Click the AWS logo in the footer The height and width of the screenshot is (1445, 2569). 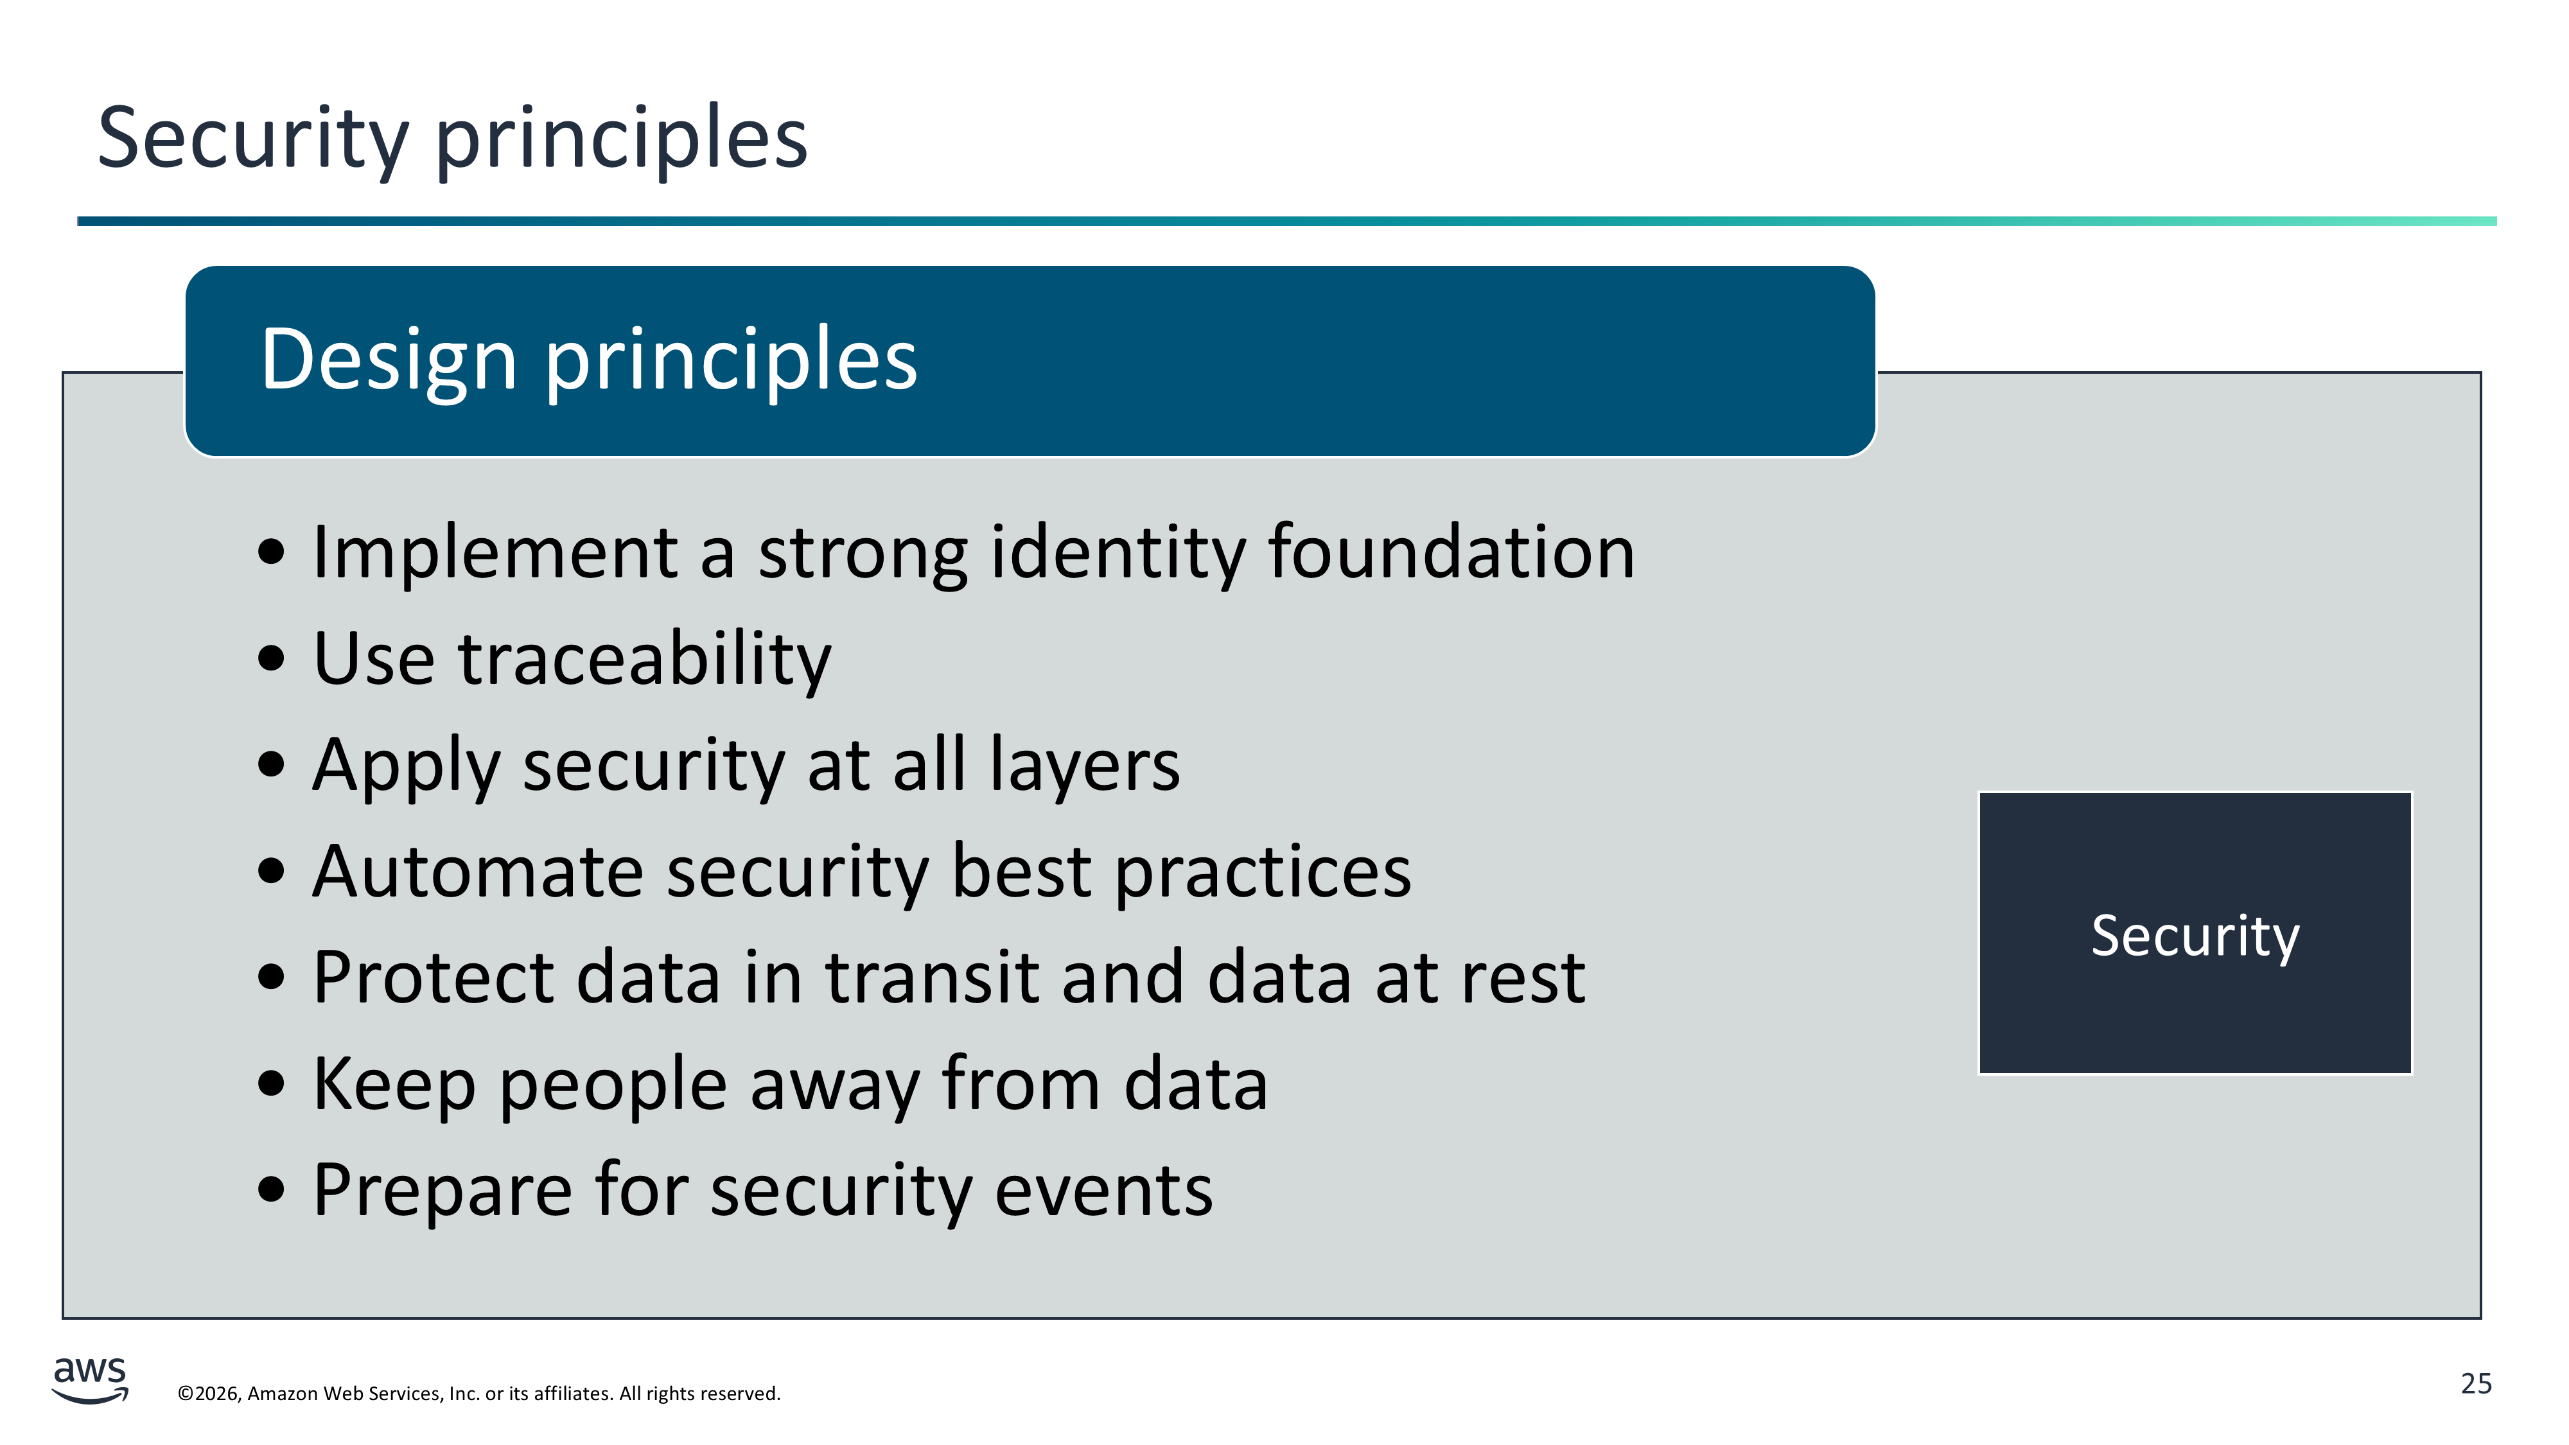[x=90, y=1379]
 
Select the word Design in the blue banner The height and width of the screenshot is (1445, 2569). [x=389, y=361]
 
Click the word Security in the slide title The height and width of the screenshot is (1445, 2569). [x=253, y=139]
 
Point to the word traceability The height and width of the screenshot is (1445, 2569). [x=644, y=660]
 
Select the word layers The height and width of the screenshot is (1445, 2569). [x=1084, y=767]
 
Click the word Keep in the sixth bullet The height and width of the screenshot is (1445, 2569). [x=394, y=1085]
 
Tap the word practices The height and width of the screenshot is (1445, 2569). [x=1263, y=873]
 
